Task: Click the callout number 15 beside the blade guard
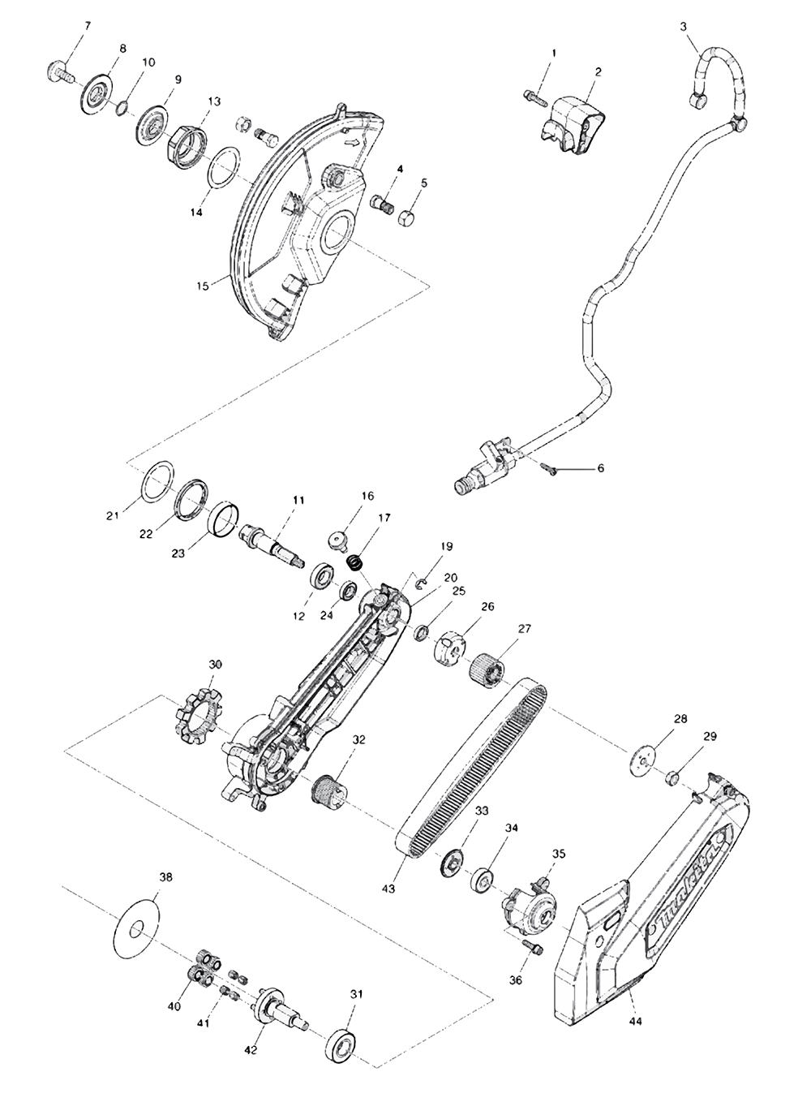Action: pyautogui.click(x=203, y=285)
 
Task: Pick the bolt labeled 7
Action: pyautogui.click(x=55, y=72)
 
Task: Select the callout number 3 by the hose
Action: pyautogui.click(x=683, y=27)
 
